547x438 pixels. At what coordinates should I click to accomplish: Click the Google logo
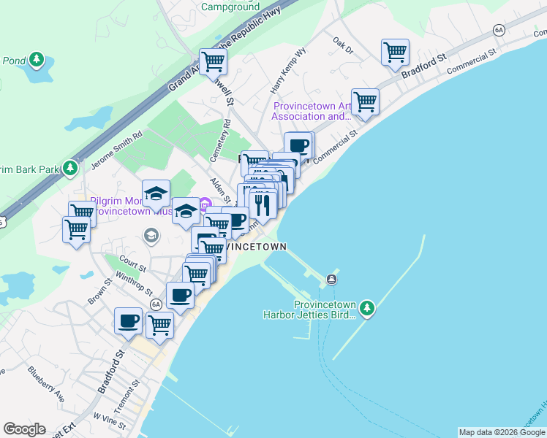(24, 429)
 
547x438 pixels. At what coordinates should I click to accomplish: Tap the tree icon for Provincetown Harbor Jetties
(367, 308)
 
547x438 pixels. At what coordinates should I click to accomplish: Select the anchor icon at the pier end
(332, 279)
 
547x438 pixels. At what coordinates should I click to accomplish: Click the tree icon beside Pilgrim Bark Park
(70, 169)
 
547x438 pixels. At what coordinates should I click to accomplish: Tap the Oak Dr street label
(342, 46)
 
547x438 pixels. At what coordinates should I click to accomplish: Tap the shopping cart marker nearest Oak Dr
(395, 53)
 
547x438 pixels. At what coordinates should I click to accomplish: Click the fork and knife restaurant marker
(262, 205)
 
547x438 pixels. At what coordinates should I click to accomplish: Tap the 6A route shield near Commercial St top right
(499, 30)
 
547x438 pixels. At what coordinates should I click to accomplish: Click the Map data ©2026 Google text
(502, 432)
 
